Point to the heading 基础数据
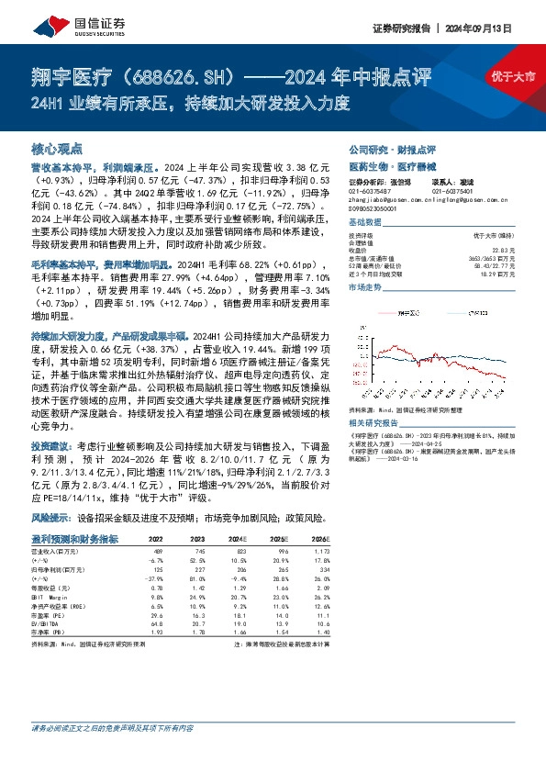point(365,223)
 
